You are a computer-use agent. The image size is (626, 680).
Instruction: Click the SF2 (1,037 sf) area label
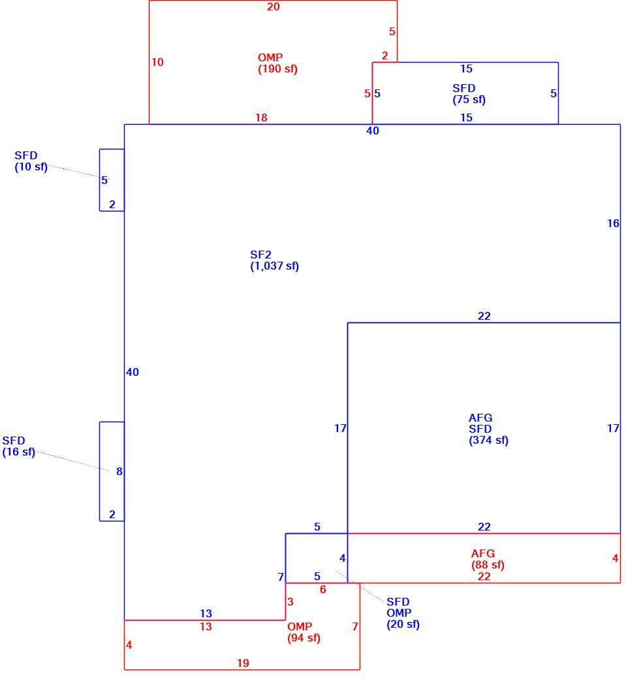coord(274,260)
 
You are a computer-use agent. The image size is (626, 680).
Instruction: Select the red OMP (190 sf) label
coord(277,63)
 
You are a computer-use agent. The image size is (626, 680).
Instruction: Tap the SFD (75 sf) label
coord(469,94)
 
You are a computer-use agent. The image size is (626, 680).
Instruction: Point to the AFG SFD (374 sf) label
coord(488,429)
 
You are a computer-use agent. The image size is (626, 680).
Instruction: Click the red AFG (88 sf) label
coord(488,559)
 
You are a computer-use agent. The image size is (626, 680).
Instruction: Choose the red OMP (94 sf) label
coord(304,632)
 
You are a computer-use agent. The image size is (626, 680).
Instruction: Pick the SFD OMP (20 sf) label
coord(403,613)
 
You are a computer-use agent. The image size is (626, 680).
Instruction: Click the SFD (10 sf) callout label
coord(31,161)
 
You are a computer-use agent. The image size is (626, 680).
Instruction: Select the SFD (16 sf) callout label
coord(19,446)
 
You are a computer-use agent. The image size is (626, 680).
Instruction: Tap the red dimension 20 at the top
coord(274,7)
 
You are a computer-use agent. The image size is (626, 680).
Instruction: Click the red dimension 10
coord(157,62)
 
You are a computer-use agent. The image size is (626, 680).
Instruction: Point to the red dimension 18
coord(261,117)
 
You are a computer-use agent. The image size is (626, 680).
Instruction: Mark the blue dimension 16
coord(613,223)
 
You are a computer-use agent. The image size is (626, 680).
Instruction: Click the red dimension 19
coord(243,663)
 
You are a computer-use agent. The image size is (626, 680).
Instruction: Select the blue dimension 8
coord(119,471)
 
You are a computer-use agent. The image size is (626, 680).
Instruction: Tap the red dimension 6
coord(322,589)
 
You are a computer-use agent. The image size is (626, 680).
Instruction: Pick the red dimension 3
coord(290,602)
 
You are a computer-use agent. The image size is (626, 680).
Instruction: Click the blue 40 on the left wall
coord(133,372)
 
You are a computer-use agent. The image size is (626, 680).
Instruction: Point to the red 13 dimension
coord(206,626)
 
